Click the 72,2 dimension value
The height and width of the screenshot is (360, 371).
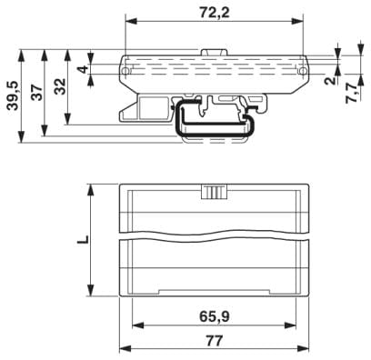point(215,13)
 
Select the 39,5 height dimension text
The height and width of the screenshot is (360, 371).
point(15,95)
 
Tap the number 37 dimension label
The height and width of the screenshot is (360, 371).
point(37,93)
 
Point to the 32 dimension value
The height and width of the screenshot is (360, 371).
point(61,86)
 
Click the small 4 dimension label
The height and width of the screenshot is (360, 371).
point(84,69)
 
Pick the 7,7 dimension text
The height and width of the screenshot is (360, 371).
point(353,94)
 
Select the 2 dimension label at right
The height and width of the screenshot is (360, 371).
point(331,80)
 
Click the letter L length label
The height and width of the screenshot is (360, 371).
point(83,239)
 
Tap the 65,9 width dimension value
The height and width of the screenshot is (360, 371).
point(215,317)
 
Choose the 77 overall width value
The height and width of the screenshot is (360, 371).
point(215,341)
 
